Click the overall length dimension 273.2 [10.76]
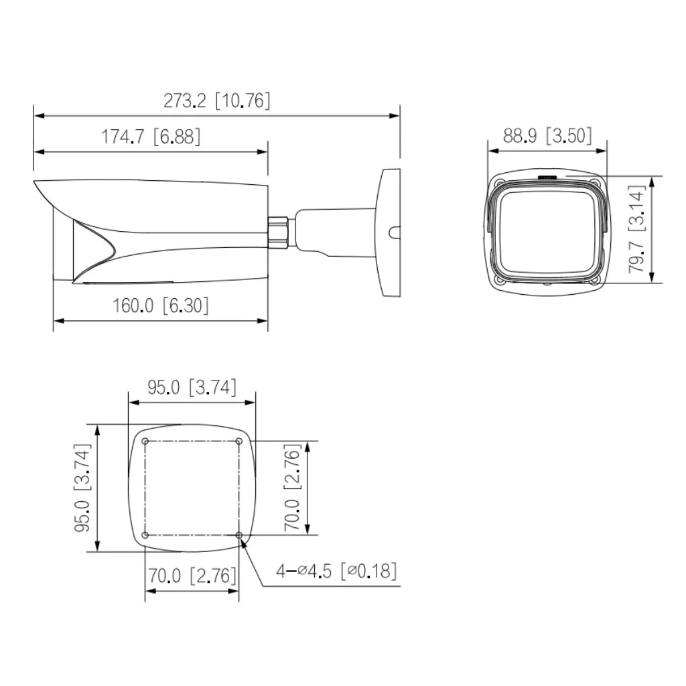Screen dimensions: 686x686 coord(217,101)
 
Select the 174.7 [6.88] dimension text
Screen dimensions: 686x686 coord(151,137)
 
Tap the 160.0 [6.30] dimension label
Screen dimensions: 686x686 coord(160,305)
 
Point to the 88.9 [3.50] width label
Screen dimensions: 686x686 coord(547,136)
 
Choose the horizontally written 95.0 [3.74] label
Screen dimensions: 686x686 coord(192,388)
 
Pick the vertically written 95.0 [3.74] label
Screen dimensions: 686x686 coord(82,487)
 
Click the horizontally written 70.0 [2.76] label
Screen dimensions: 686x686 coord(192,575)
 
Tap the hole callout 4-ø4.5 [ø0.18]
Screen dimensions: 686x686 coord(337,571)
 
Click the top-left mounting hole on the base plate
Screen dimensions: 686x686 coord(145,441)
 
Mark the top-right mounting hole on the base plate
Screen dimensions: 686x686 coord(239,441)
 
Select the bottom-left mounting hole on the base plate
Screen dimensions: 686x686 coord(145,535)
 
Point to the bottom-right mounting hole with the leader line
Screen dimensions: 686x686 coord(239,535)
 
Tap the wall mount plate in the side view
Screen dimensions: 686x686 coord(389,232)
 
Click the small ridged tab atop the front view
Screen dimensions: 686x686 coord(547,178)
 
